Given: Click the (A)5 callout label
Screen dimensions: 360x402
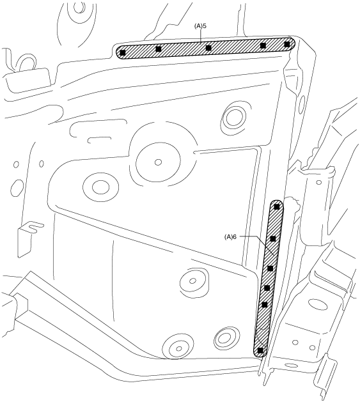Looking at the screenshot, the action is (x=200, y=26).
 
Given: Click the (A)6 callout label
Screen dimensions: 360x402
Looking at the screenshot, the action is (x=230, y=236).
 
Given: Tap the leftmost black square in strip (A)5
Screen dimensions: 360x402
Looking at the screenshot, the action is (x=123, y=53).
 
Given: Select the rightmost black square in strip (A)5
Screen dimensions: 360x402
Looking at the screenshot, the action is (x=287, y=44).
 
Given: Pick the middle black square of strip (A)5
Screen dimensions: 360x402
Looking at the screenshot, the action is (x=208, y=48).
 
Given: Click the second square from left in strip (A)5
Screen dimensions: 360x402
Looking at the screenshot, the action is (x=159, y=49).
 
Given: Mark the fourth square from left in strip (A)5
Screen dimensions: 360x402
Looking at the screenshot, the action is (x=263, y=45).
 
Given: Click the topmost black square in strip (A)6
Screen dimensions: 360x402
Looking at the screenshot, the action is (x=277, y=206).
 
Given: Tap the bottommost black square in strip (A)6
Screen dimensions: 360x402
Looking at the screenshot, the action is (x=260, y=350).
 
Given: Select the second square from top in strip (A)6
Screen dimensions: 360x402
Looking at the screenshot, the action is (x=273, y=239).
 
